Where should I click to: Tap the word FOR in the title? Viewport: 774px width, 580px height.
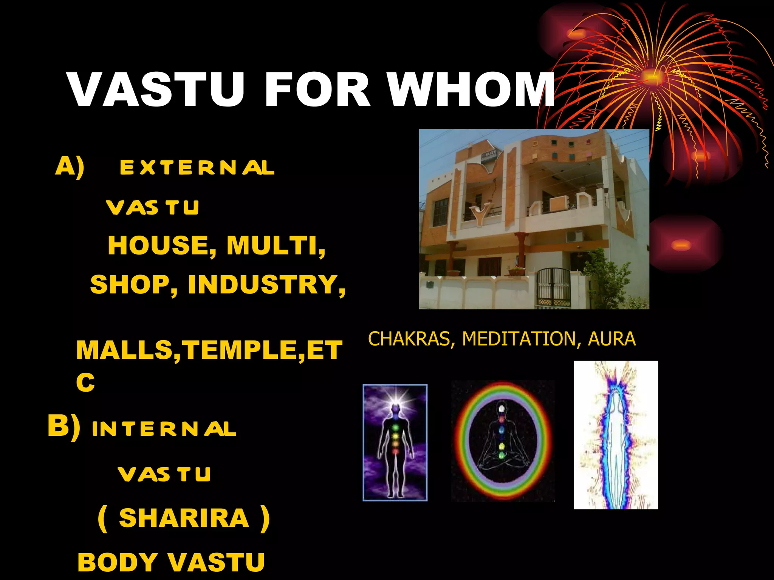pyautogui.click(x=317, y=90)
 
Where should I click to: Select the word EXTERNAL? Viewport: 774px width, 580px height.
pyautogui.click(x=197, y=168)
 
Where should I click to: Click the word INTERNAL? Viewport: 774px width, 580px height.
pyautogui.click(x=164, y=429)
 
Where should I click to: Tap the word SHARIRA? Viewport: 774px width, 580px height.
pyautogui.click(x=184, y=518)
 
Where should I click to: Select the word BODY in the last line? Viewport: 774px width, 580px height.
pyautogui.click(x=118, y=562)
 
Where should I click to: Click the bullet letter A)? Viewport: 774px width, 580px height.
pyautogui.click(x=70, y=167)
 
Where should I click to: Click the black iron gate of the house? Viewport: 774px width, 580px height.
pyautogui.click(x=554, y=288)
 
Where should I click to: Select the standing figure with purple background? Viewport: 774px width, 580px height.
pyautogui.click(x=395, y=443)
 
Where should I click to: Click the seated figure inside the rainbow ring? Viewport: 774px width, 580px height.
pyautogui.click(x=502, y=441)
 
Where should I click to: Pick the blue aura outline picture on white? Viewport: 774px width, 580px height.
pyautogui.click(x=616, y=435)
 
